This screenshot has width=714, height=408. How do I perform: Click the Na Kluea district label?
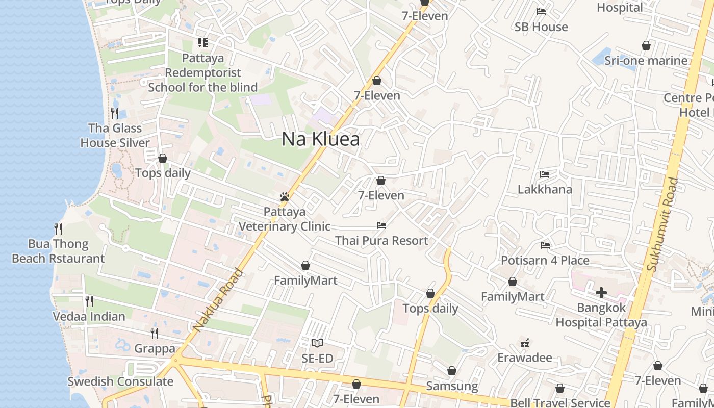[320, 139]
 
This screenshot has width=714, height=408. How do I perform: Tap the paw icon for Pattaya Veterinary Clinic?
[285, 197]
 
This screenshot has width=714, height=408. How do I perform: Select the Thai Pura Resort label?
[381, 240]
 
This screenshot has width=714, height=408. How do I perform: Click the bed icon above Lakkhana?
[545, 174]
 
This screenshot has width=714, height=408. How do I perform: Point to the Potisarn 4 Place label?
[545, 260]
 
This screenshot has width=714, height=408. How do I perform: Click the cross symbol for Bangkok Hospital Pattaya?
[601, 293]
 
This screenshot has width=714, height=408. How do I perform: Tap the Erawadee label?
[525, 357]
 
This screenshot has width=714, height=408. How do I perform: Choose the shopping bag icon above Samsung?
[451, 371]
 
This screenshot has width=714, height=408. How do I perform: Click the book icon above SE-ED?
[317, 343]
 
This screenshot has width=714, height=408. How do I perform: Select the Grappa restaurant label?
[155, 349]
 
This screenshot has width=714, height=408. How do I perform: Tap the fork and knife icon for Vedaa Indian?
[89, 301]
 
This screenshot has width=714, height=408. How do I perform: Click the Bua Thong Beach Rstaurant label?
[58, 251]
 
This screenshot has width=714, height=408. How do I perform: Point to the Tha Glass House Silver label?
[115, 135]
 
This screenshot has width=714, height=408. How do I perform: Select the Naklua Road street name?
[218, 300]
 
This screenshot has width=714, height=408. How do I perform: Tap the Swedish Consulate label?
[120, 381]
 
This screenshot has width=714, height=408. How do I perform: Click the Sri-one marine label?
[646, 61]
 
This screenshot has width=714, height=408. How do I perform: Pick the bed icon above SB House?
[541, 12]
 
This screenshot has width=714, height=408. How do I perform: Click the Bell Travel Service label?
[560, 403]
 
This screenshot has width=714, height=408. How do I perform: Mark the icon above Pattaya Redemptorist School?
[203, 43]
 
